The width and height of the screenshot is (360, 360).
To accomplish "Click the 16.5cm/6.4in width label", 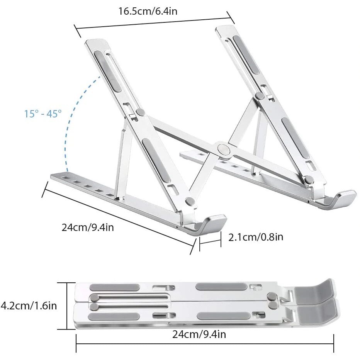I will click(x=148, y=11).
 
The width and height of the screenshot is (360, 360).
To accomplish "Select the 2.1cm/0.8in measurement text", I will click(x=256, y=236).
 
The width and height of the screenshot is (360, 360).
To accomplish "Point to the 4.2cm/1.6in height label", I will click(x=29, y=306).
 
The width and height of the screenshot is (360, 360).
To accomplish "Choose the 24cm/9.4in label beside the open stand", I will click(x=88, y=227).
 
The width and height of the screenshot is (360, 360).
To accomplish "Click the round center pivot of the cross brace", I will click(x=222, y=149).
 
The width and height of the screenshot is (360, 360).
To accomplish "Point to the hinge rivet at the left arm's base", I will click(x=189, y=201).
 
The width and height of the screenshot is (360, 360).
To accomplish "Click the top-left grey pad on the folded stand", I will click(x=115, y=287).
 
